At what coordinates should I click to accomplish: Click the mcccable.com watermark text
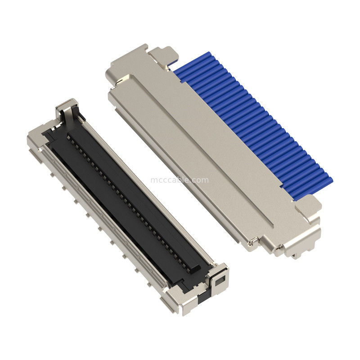(x=180, y=180)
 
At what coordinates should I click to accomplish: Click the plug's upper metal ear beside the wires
(x=162, y=55)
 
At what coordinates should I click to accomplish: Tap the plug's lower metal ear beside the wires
(x=309, y=206)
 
